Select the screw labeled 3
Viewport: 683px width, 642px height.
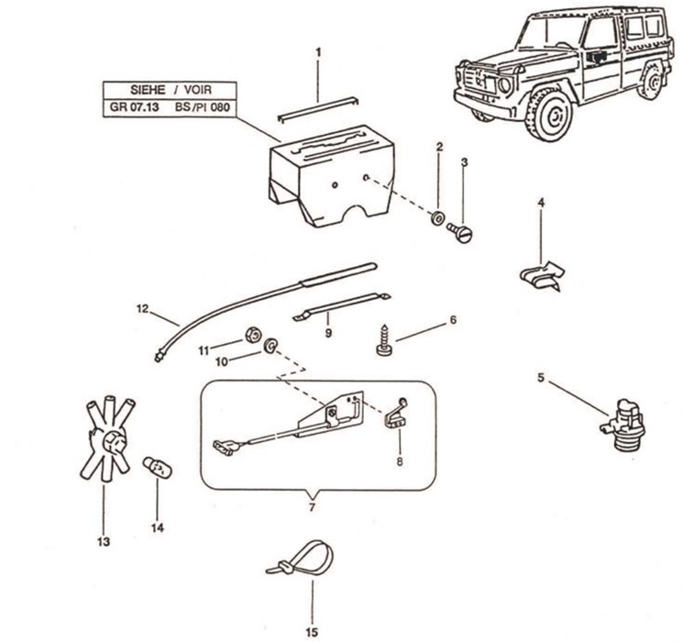[462, 234]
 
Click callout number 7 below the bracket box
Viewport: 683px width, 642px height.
[311, 506]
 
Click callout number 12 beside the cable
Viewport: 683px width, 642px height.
[142, 307]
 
